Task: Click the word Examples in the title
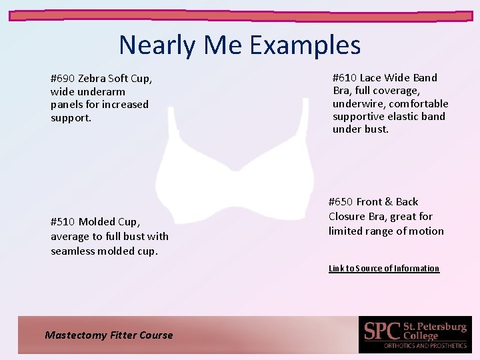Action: coord(305,45)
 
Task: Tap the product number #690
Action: coord(63,79)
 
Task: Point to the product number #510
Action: coord(63,222)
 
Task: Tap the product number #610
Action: coord(345,78)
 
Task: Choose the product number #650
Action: coord(341,202)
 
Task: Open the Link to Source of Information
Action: coord(384,269)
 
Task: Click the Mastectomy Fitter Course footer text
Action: coord(109,335)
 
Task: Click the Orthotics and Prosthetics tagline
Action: coord(425,346)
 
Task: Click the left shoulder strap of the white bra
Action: coord(172,127)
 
